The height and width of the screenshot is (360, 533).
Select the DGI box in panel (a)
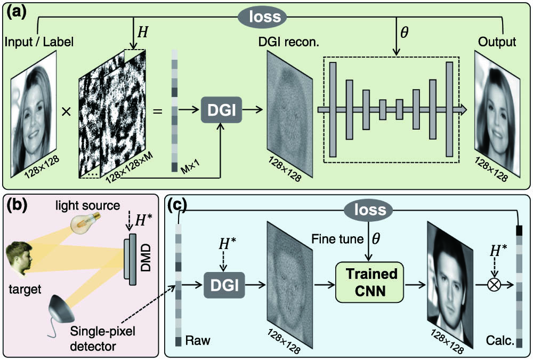tap(222, 109)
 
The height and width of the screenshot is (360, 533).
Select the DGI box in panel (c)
tap(224, 285)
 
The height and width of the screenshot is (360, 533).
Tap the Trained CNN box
tap(369, 282)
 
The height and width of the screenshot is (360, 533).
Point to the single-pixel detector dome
tap(61, 310)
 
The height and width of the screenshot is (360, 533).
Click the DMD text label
tap(146, 258)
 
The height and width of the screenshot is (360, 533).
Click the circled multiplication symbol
tap(494, 284)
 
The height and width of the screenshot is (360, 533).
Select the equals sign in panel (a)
tap(157, 111)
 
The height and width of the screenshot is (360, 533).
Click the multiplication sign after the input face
tap(66, 111)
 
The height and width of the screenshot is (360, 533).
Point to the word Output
tap(497, 42)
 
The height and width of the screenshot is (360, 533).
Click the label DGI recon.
tap(288, 42)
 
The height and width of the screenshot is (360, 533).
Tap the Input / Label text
tap(39, 42)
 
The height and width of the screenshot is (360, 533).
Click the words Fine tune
tap(337, 239)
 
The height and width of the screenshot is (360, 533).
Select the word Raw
tap(198, 340)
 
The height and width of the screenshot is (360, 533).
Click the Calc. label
tap(500, 340)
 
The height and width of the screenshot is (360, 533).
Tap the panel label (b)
tap(17, 205)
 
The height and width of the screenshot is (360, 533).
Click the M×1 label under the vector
tap(190, 167)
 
